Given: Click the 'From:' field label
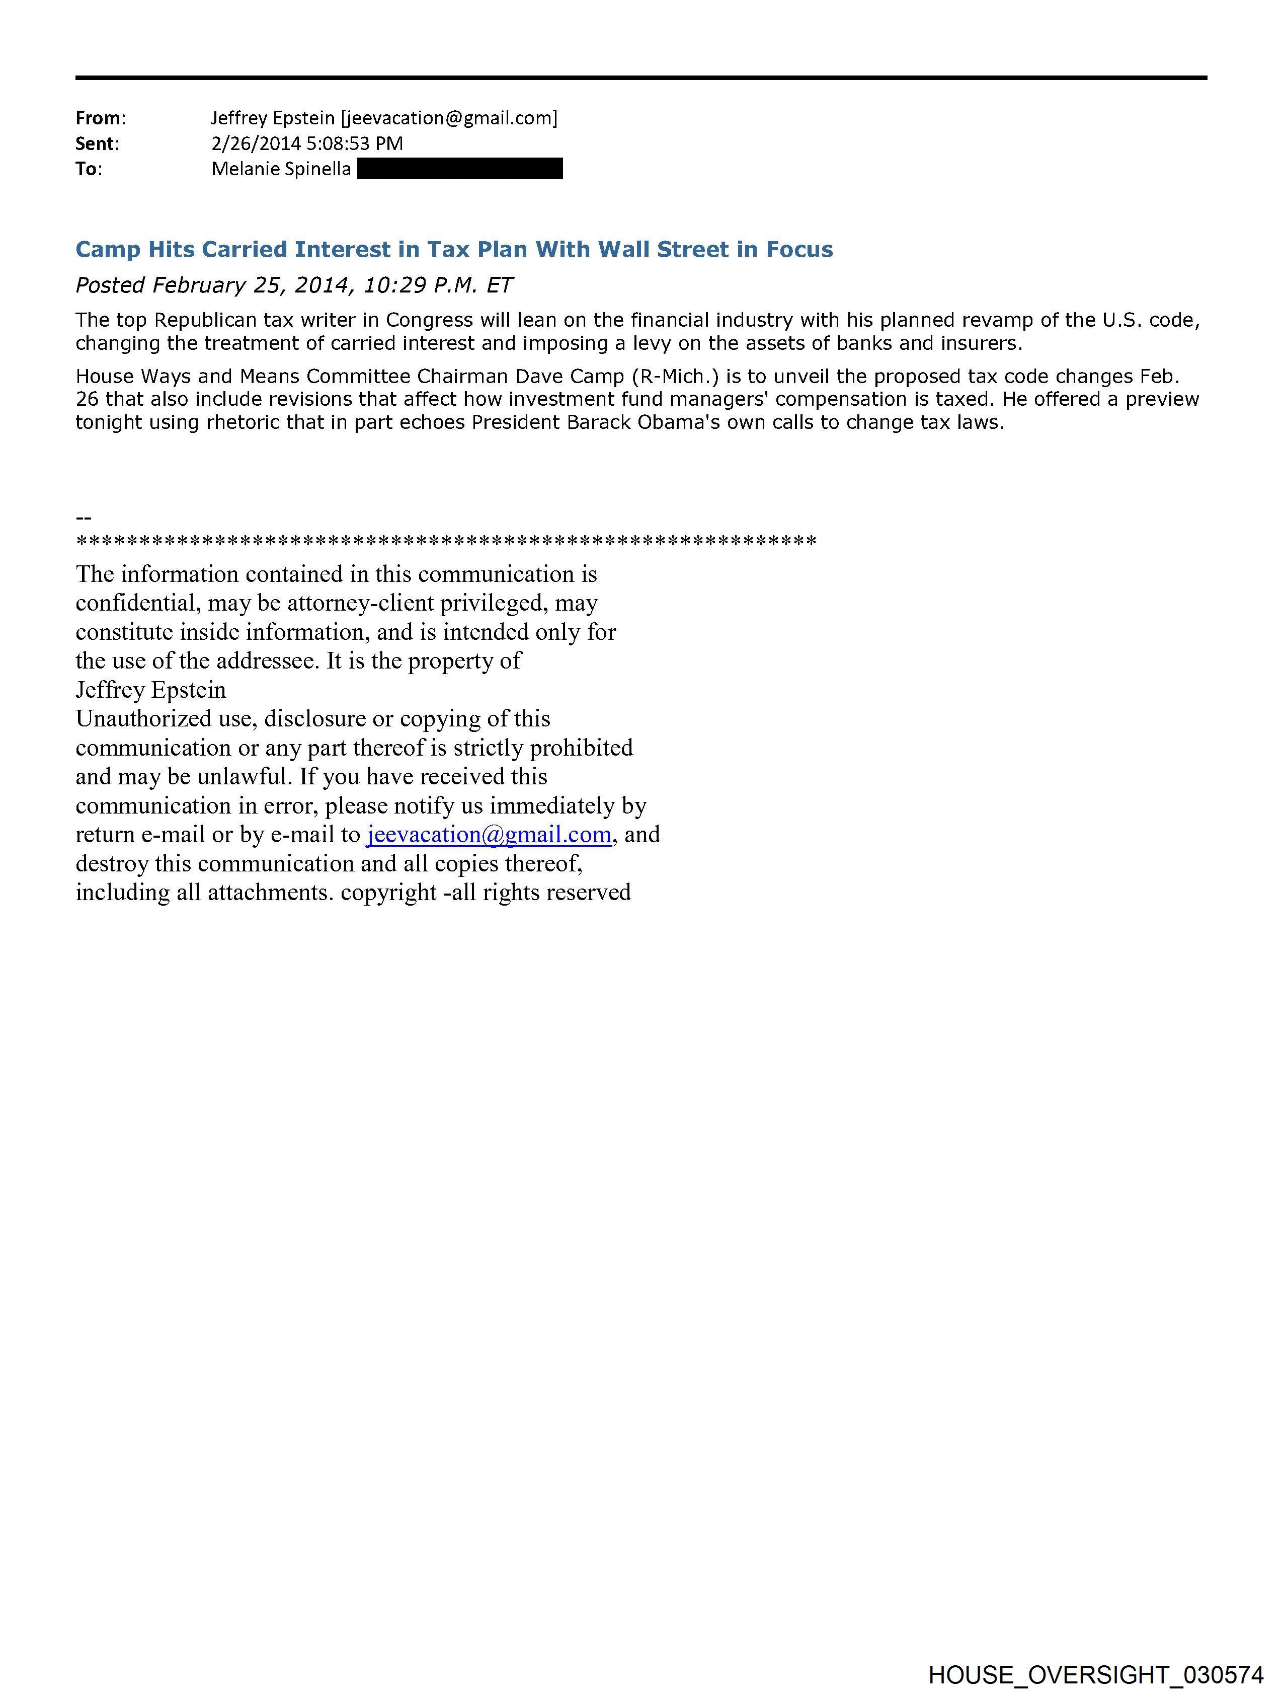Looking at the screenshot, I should point(100,118).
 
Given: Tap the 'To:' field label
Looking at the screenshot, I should point(88,169).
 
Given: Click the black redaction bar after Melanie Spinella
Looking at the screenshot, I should point(460,169).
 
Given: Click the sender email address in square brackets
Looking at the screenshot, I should point(449,118).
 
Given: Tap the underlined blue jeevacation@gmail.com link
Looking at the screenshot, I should point(489,834).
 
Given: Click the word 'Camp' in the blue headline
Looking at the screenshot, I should point(107,250).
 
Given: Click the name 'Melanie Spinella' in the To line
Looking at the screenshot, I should point(281,169).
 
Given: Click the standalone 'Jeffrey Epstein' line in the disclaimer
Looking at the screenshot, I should point(150,690).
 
